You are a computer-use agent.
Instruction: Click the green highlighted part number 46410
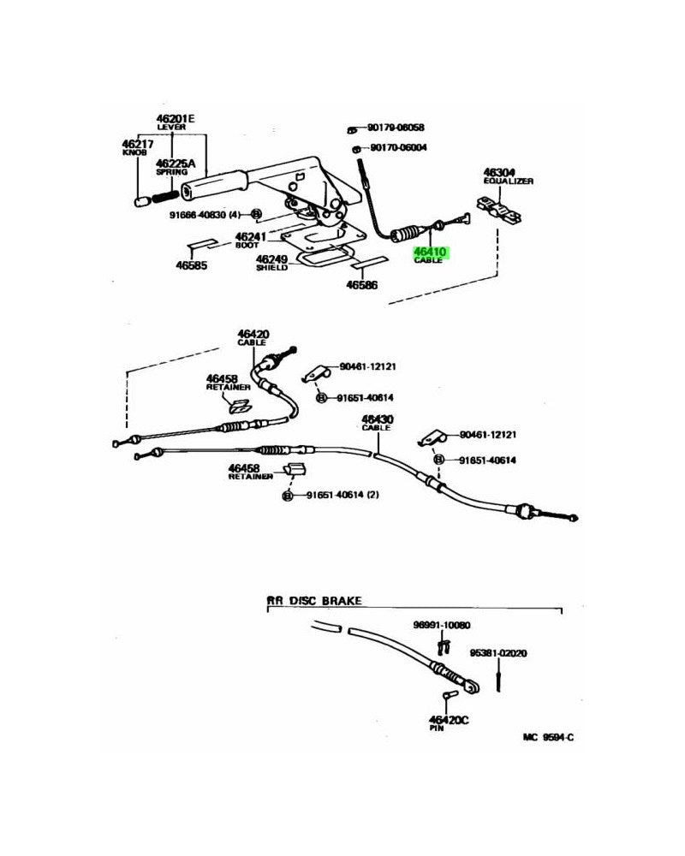tap(433, 253)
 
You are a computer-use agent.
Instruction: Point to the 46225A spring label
tap(176, 163)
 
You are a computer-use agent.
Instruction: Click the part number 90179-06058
tap(396, 128)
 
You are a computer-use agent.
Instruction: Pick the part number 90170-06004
tap(398, 147)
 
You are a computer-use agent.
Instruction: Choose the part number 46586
tap(362, 283)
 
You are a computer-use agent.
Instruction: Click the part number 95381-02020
tap(497, 653)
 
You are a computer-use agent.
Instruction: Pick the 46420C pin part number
tap(450, 720)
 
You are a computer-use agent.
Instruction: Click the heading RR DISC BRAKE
tap(313, 601)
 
